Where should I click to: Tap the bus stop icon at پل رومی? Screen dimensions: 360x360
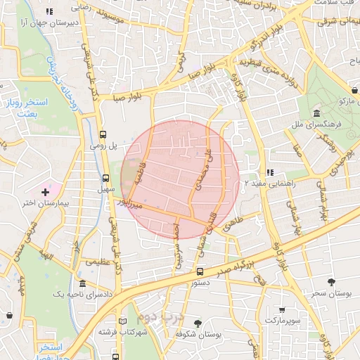point(103,134)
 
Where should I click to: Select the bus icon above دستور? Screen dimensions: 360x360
point(200,271)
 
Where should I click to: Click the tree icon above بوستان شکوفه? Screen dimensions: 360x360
point(198,323)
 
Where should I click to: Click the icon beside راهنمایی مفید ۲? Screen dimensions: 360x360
point(269,172)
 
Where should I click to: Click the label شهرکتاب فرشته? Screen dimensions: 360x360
point(125,330)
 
